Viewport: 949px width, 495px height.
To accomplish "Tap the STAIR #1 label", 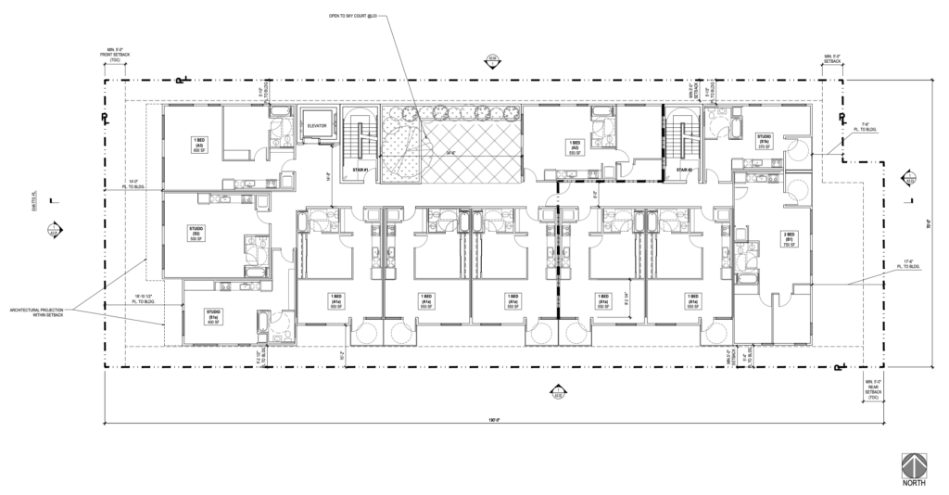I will click(361, 170).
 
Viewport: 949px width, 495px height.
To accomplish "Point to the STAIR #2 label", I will click(684, 170).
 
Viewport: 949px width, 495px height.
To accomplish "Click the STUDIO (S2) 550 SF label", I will click(197, 232).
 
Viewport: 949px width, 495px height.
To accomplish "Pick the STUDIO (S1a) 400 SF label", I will click(213, 315).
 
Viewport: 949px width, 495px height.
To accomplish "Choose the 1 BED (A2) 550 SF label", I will click(575, 146).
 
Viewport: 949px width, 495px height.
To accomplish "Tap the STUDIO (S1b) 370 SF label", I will click(765, 141).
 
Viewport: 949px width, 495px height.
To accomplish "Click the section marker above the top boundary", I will click(491, 62).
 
